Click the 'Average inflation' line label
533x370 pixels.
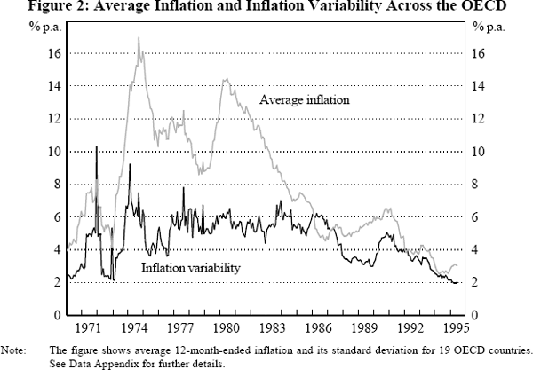tap(305, 100)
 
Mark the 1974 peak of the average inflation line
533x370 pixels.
tap(139, 38)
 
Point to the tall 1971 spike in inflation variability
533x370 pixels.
tap(96, 146)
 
